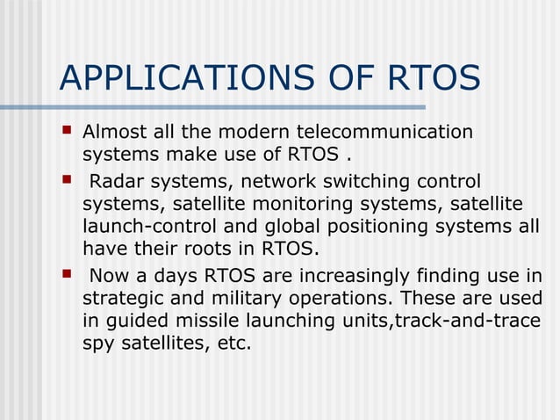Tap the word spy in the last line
tap(98, 344)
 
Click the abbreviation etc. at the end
tap(233, 344)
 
